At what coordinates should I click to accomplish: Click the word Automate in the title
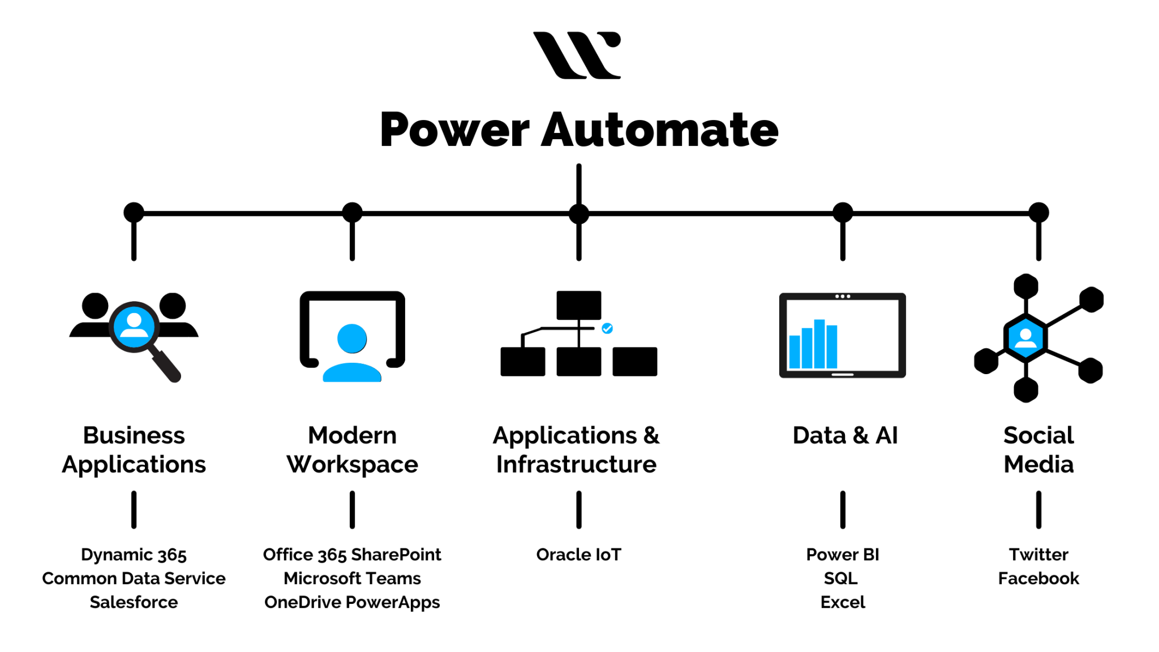[659, 130]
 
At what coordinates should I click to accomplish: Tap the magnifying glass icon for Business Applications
[135, 327]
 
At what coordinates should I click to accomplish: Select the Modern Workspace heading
[352, 449]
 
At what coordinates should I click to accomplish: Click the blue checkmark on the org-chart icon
[607, 328]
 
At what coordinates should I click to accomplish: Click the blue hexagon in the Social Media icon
[1025, 338]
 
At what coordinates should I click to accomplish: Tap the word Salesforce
[134, 602]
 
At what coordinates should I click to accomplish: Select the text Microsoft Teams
[352, 578]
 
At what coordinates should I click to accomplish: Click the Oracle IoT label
[578, 555]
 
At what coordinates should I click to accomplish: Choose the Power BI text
[842, 555]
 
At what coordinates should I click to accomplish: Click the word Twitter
[1038, 555]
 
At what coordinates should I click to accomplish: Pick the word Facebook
[1038, 578]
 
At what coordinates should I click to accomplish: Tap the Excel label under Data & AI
[842, 602]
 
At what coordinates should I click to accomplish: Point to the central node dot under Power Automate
[578, 213]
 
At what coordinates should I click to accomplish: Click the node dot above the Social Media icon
[1038, 213]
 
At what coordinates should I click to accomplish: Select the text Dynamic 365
[134, 555]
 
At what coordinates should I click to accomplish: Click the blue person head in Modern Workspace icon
[352, 338]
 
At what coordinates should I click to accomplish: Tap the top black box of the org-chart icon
[578, 305]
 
